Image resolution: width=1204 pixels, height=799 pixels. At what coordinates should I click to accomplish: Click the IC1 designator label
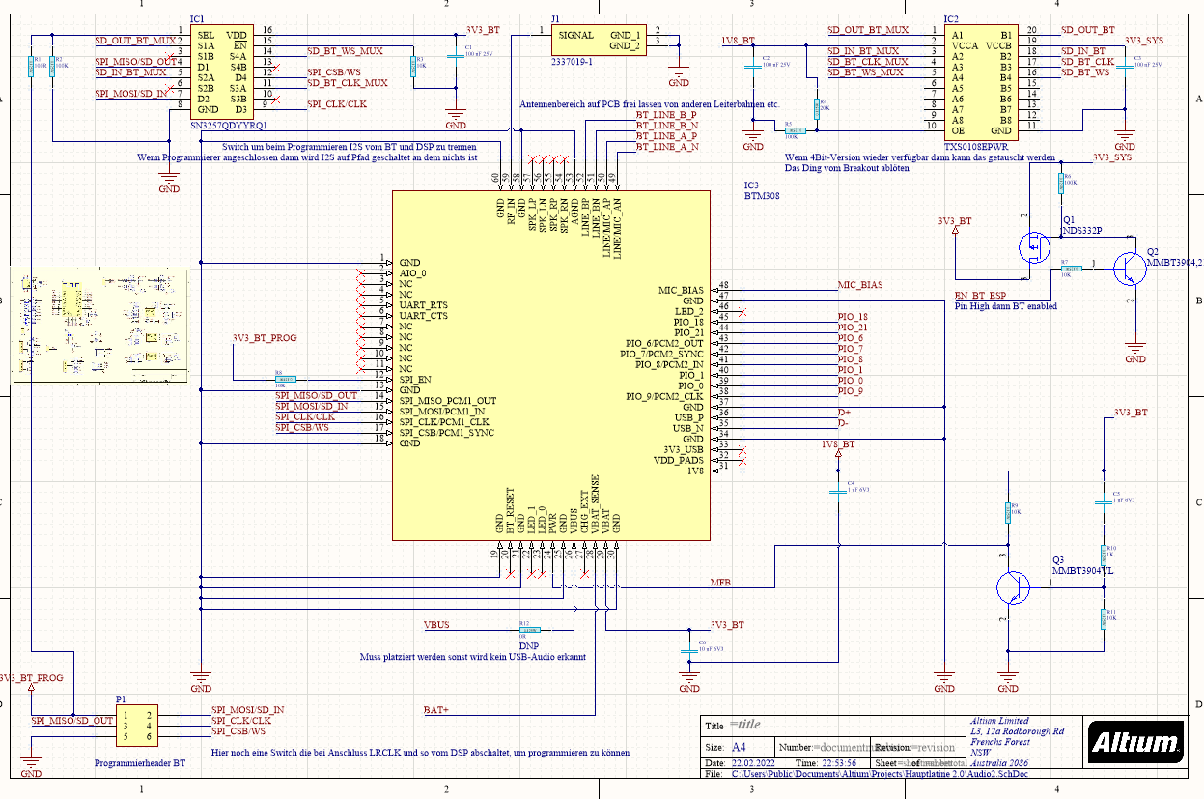pyautogui.click(x=197, y=19)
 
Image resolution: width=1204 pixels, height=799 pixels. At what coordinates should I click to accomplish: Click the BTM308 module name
pyautogui.click(x=762, y=195)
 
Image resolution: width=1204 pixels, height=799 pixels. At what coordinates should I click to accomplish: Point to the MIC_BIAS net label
pyautogui.click(x=859, y=285)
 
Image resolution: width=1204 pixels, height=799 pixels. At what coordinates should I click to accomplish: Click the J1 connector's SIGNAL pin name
pyautogui.click(x=576, y=35)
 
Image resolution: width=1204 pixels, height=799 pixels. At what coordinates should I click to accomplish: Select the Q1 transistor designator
pyautogui.click(x=1069, y=220)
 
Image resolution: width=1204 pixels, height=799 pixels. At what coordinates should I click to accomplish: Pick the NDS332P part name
pyautogui.click(x=1081, y=231)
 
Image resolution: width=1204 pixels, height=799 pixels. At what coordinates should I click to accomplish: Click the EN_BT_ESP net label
pyautogui.click(x=980, y=296)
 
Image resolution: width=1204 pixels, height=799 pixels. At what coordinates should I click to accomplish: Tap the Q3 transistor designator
pyautogui.click(x=1058, y=560)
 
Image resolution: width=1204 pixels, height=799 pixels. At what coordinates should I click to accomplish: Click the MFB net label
pyautogui.click(x=720, y=583)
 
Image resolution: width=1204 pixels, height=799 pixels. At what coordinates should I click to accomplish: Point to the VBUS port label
pyautogui.click(x=436, y=625)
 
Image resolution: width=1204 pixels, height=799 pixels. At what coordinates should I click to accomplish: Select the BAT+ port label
pyautogui.click(x=436, y=710)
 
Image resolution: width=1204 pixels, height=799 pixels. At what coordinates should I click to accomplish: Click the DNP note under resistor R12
pyautogui.click(x=528, y=645)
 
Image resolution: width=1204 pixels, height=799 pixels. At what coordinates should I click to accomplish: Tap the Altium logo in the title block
pyautogui.click(x=1136, y=742)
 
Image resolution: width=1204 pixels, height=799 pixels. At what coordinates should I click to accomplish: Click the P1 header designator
pyautogui.click(x=121, y=699)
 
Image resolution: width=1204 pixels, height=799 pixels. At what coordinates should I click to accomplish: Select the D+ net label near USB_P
pyautogui.click(x=844, y=413)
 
